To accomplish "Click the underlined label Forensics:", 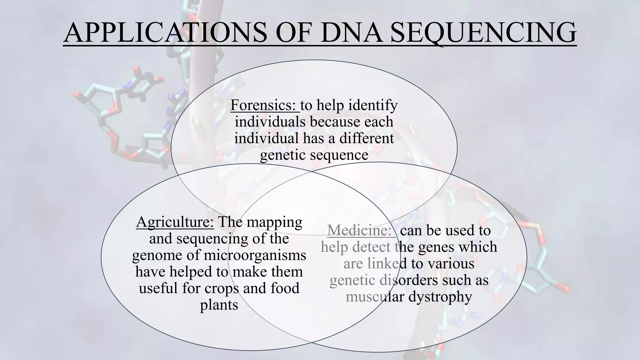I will pos(264,105).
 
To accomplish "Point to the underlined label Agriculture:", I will pos(175,222).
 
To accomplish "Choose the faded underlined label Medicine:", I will pos(360,231).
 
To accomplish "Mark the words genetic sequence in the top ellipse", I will pos(314,155).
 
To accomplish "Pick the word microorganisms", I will pos(255,255).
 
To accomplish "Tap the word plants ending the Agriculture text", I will pos(219,305).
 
